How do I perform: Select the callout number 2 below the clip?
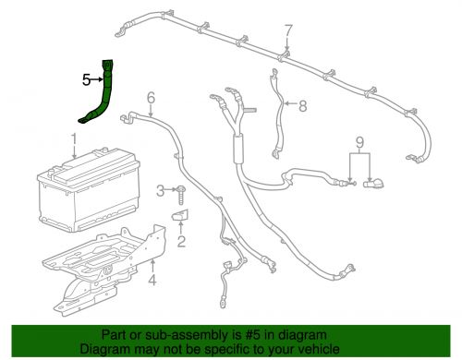[181, 243]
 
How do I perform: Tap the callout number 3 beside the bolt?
[159, 190]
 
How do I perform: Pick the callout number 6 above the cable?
[151, 96]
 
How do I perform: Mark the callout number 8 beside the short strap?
[302, 106]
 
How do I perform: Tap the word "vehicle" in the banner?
[314, 350]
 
